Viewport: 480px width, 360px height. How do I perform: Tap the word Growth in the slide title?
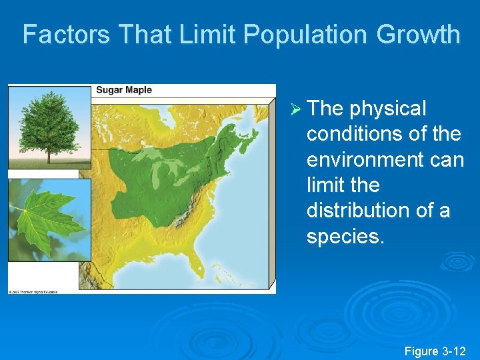(x=419, y=35)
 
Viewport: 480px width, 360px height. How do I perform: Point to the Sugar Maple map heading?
(x=124, y=90)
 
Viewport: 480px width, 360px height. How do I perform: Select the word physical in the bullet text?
(x=387, y=109)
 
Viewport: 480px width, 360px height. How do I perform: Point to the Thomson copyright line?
(x=33, y=291)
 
